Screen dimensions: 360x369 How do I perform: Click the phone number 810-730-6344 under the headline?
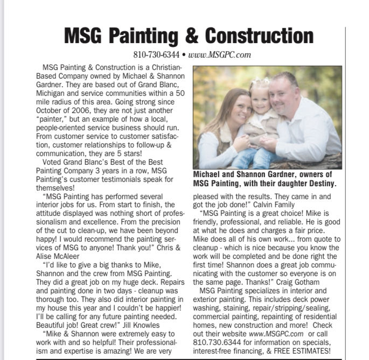click(x=156, y=54)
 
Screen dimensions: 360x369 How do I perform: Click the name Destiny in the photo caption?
click(x=321, y=183)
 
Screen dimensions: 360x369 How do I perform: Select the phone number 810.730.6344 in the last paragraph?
click(x=215, y=343)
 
